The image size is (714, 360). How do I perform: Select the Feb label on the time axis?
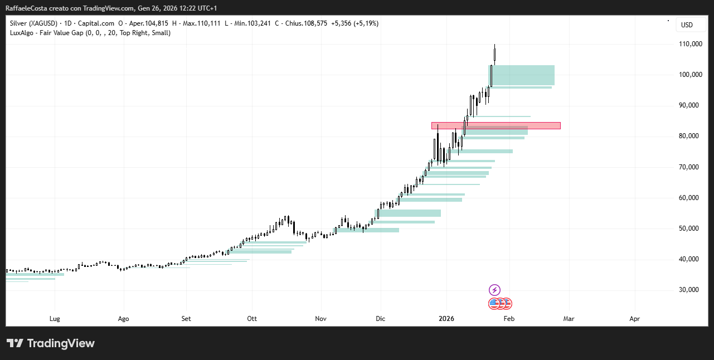click(508, 319)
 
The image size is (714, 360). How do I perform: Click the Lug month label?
click(55, 319)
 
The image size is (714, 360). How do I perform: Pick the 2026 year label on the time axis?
click(446, 319)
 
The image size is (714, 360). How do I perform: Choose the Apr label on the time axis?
click(634, 319)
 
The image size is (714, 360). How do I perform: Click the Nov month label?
click(320, 319)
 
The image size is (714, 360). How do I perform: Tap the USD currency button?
click(687, 25)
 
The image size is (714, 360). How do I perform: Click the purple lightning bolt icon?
click(494, 290)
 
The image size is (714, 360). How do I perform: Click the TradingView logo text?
click(60, 343)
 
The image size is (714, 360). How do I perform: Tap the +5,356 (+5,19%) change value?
click(354, 23)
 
